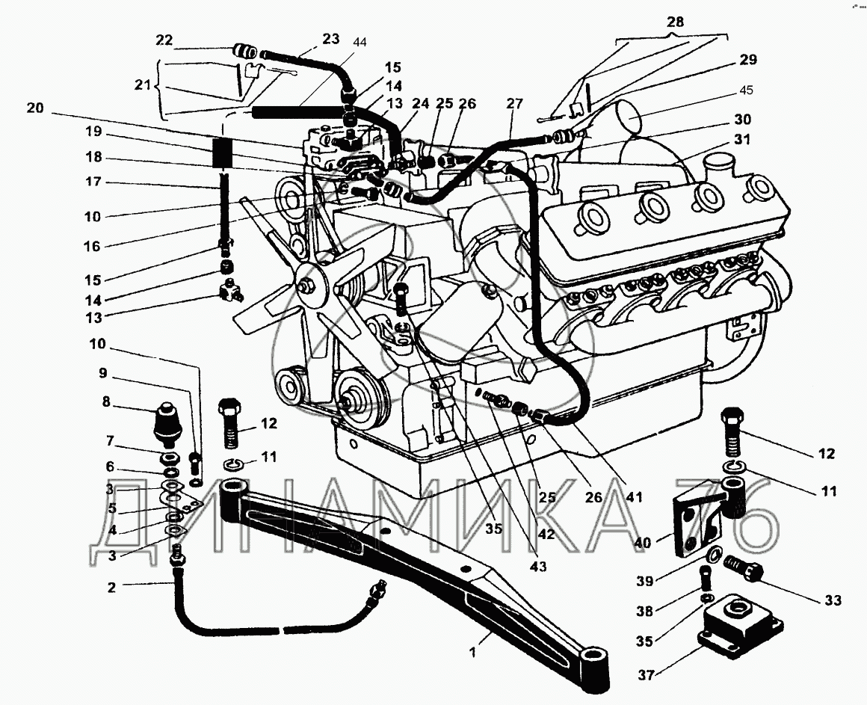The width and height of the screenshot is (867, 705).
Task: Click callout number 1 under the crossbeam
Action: (472, 653)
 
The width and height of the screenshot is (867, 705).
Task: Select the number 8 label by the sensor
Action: (106, 402)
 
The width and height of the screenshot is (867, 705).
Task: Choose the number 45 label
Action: (747, 90)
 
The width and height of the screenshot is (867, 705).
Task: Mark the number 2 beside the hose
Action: (111, 587)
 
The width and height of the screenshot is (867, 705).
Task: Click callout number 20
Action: (34, 108)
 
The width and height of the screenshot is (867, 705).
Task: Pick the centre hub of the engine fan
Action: (306, 285)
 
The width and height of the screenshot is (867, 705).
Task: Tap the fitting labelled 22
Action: (243, 52)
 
